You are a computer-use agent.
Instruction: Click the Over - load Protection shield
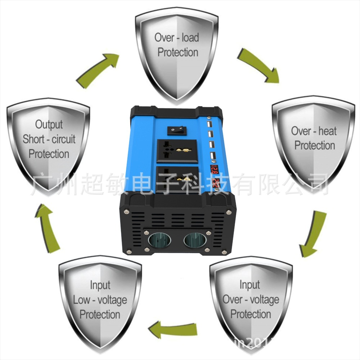click(x=176, y=50)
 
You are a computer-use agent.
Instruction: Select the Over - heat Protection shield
click(x=313, y=140)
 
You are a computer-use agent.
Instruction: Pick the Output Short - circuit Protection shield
click(x=49, y=140)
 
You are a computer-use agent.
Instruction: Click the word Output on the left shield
click(x=49, y=125)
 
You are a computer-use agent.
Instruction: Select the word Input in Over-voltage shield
click(x=250, y=285)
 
